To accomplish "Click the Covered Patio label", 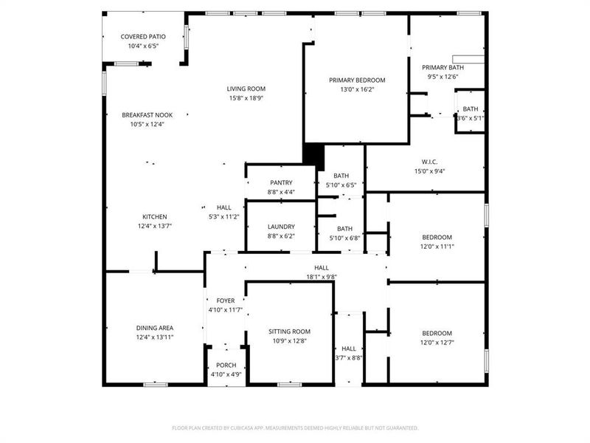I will (x=143, y=36).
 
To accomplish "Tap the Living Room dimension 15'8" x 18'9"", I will (x=246, y=97).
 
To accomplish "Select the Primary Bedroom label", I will (x=357, y=80).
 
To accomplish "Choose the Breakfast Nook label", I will (x=142, y=114).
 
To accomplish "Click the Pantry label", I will (x=281, y=182).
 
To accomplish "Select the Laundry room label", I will (x=281, y=227).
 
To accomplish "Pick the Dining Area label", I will (x=154, y=328).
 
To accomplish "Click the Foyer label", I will (x=225, y=301).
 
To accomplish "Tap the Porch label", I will (x=225, y=365).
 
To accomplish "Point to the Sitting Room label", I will (x=289, y=332).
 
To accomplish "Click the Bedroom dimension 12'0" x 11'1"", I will (x=437, y=246).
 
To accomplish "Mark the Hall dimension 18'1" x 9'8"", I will (x=322, y=277).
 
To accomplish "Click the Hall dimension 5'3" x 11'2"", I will (x=224, y=217).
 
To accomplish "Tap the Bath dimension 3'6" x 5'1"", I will (x=471, y=118).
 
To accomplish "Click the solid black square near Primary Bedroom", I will (x=313, y=154).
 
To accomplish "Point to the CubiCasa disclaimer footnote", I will (x=295, y=427).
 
